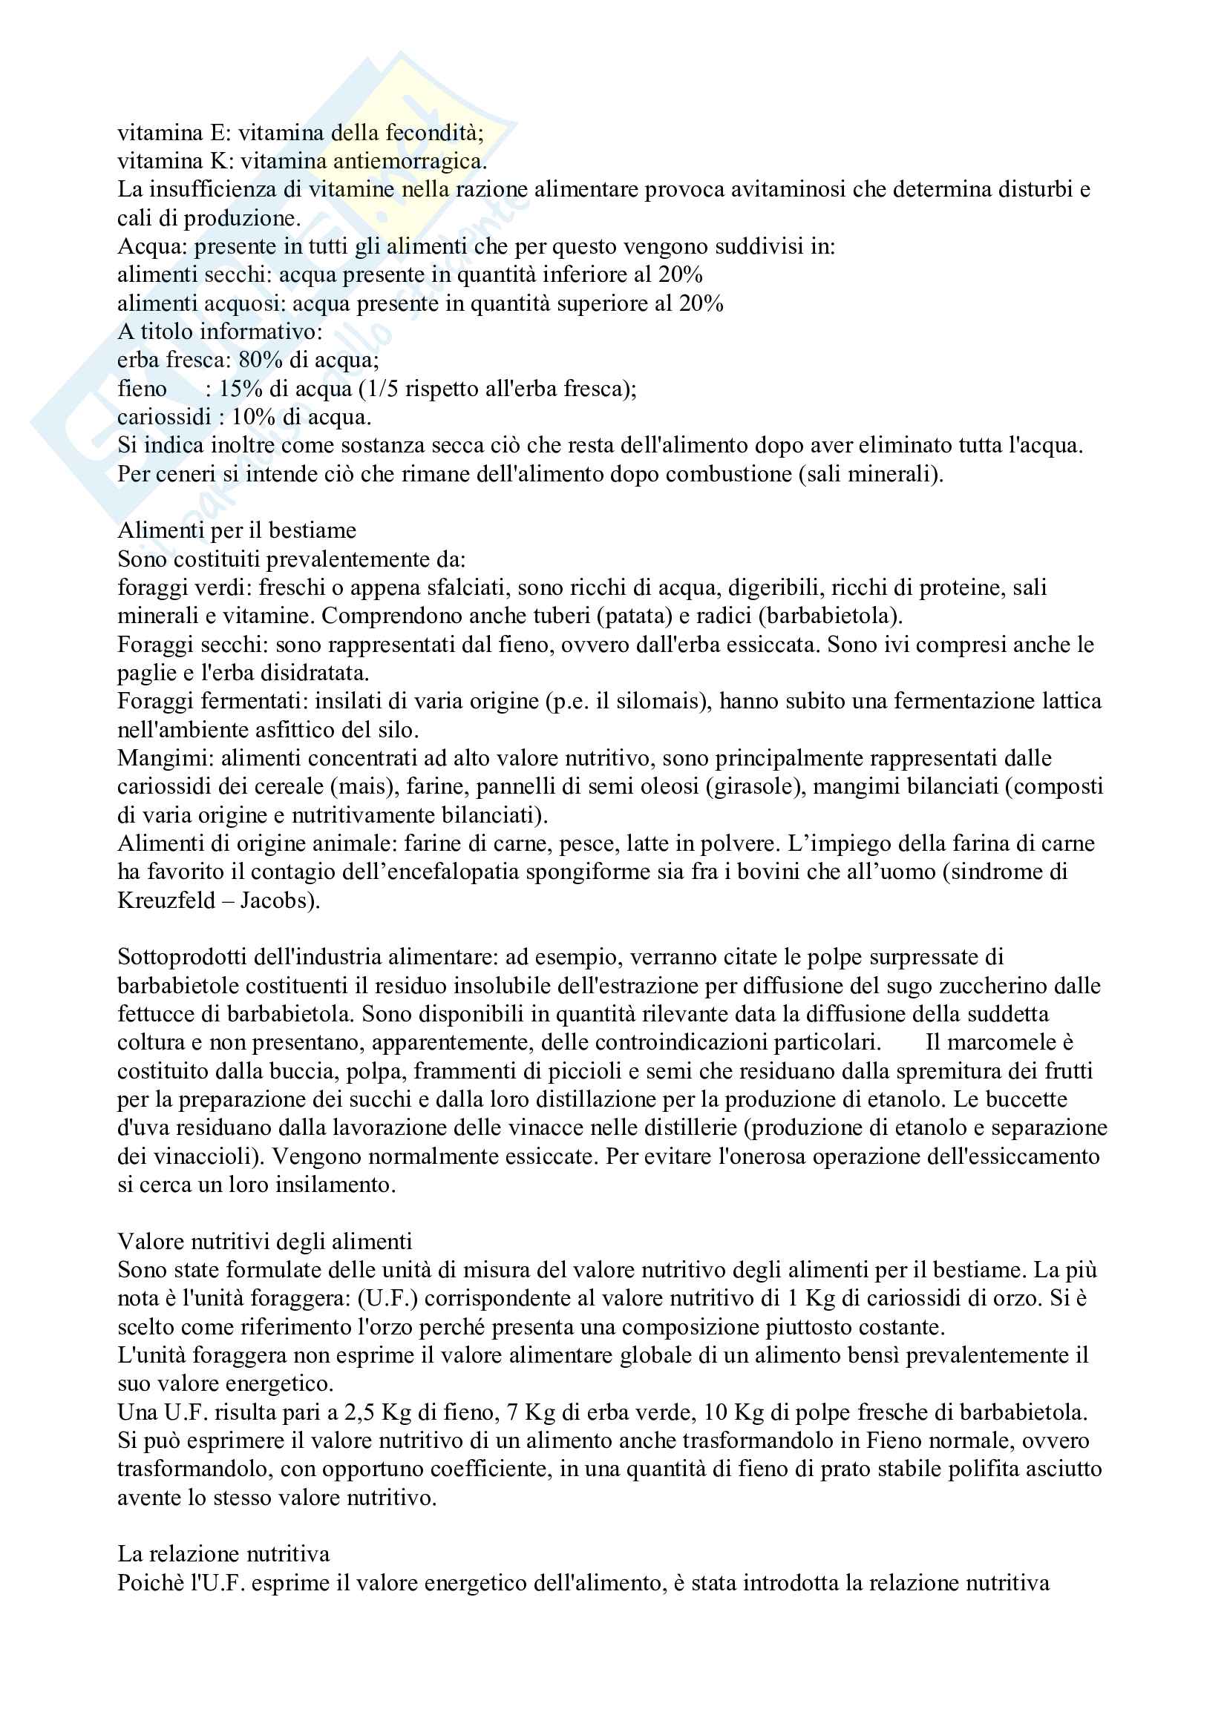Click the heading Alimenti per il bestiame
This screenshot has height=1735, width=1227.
[x=237, y=530]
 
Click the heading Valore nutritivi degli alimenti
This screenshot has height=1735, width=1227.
[x=264, y=1242]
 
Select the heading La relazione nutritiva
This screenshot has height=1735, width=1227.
[x=223, y=1555]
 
